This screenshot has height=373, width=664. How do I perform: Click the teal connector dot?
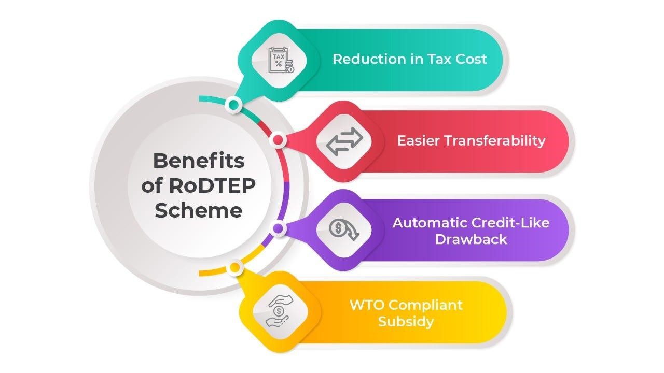[233, 106]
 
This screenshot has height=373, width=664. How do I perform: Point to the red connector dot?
[278, 140]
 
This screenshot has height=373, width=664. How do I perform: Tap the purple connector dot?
[278, 228]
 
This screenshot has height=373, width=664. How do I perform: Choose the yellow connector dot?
[234, 268]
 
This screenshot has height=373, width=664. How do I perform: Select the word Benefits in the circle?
[199, 161]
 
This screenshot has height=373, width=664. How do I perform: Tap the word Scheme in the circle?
[199, 210]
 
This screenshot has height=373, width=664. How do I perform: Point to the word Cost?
[471, 59]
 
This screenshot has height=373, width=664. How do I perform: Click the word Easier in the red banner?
[418, 140]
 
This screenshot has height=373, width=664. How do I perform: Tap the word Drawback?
[471, 239]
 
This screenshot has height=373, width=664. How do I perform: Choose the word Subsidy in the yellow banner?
[406, 321]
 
